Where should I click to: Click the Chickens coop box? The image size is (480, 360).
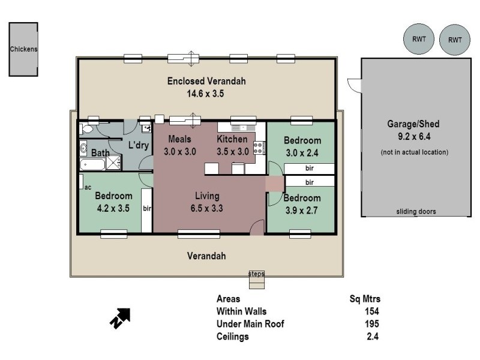23,49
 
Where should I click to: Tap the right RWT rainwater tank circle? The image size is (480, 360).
455,40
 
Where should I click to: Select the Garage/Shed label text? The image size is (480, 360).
413,124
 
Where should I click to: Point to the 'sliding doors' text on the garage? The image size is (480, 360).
415,211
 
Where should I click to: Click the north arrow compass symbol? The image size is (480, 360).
120,317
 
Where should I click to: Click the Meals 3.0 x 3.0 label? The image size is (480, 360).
179,145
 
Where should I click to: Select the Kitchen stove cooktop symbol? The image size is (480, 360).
259,148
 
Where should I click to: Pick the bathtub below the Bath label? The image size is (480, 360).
94,164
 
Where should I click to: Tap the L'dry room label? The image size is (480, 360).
138,145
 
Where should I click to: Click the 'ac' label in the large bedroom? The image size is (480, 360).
88,187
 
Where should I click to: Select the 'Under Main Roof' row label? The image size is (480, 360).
250,324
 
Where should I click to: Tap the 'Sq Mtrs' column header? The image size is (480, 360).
365,298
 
